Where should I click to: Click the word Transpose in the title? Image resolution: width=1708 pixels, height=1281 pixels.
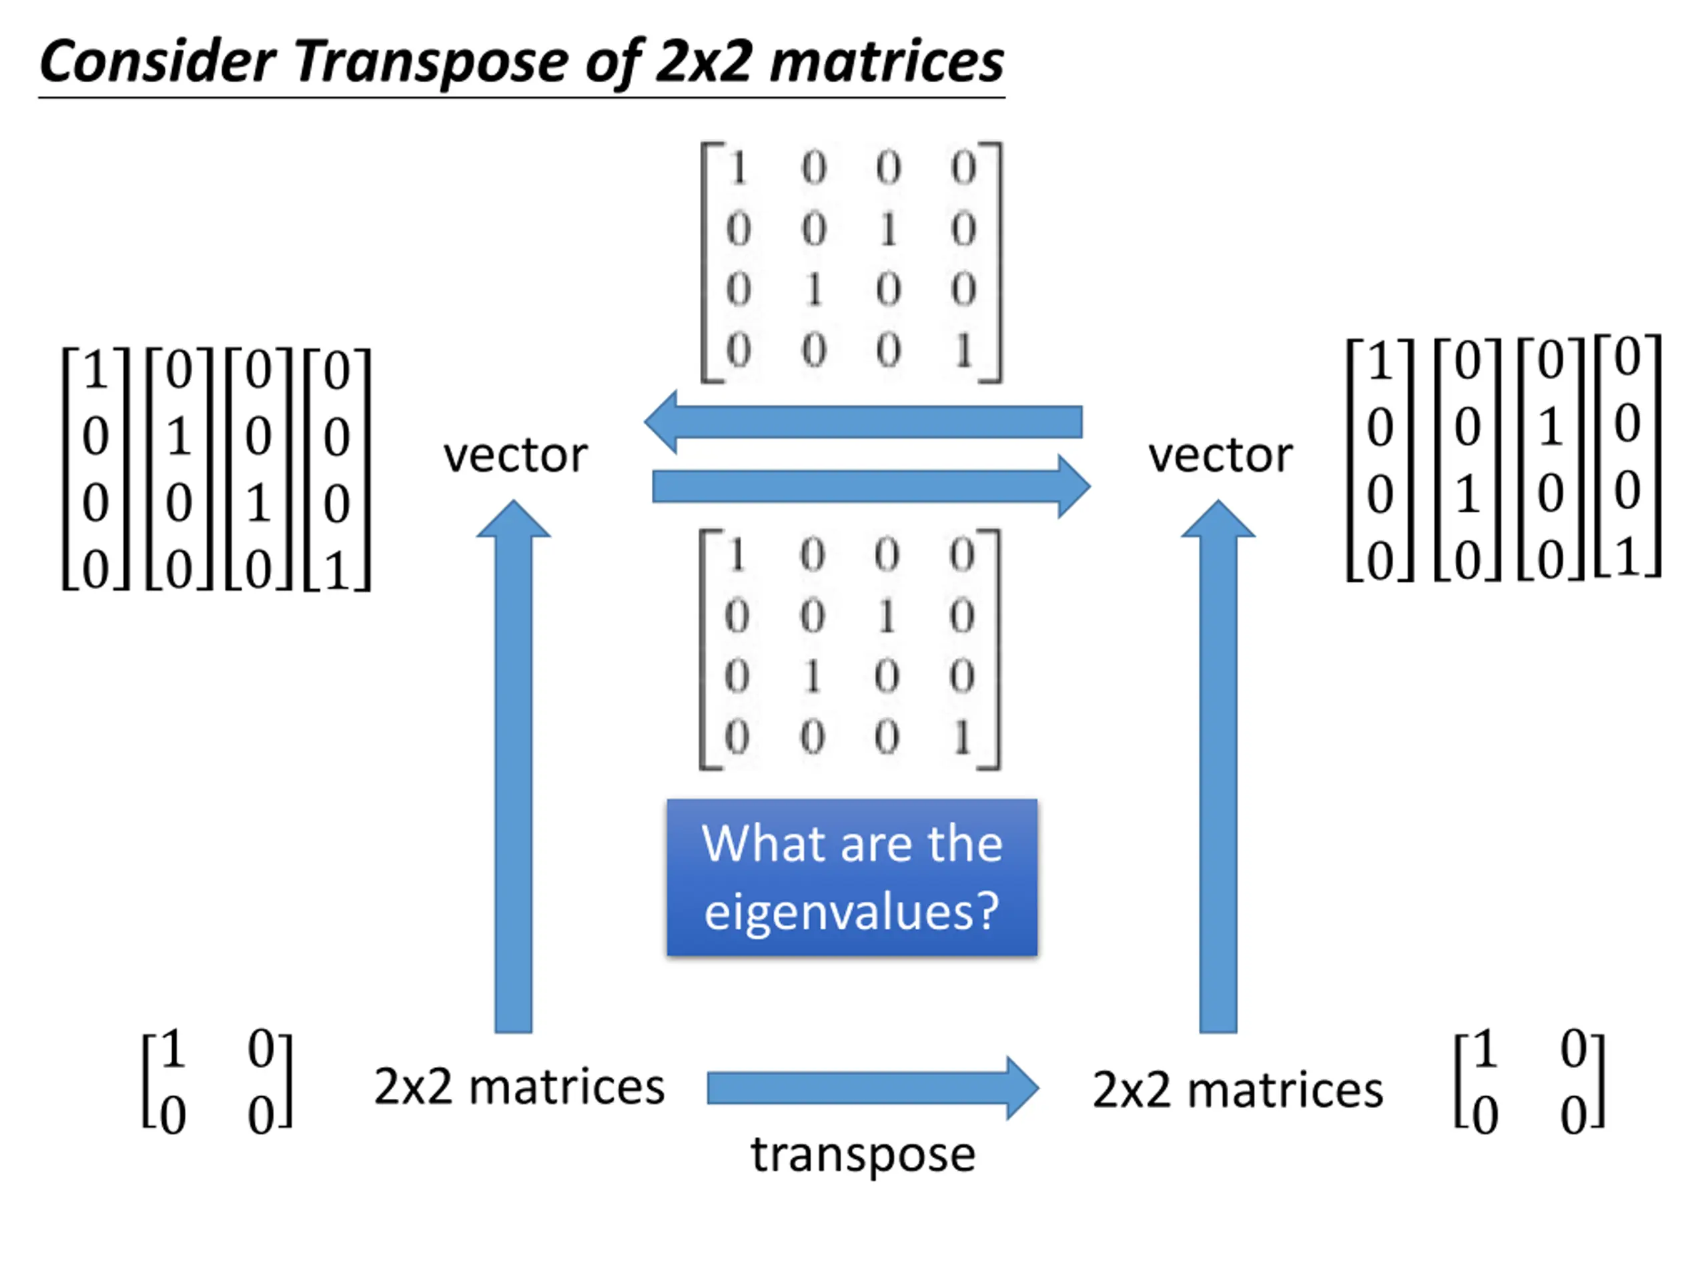tap(431, 63)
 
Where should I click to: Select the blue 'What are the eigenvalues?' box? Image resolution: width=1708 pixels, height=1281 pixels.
tap(852, 877)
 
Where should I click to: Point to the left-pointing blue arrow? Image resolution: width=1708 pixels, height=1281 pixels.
tap(863, 422)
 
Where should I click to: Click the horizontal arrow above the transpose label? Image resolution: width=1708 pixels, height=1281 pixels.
tap(873, 1088)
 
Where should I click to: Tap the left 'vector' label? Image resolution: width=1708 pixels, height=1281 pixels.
tap(515, 456)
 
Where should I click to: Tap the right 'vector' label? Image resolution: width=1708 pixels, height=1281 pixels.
tap(1220, 456)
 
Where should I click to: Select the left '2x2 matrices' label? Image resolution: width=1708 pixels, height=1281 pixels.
tap(519, 1088)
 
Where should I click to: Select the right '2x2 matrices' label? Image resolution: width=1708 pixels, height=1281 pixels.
tap(1238, 1090)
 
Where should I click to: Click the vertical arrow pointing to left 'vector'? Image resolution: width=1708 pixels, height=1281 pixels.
tap(514, 766)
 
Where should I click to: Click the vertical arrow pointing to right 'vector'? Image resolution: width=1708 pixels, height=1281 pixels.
tap(1218, 766)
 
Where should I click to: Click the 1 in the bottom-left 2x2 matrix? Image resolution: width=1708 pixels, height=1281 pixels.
tap(172, 1049)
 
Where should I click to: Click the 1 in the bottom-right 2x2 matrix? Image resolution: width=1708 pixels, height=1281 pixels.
tap(1484, 1049)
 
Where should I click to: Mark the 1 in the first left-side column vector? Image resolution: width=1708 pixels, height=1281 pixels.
tap(96, 369)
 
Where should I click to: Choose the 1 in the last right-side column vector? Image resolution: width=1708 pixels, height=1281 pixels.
tap(1627, 556)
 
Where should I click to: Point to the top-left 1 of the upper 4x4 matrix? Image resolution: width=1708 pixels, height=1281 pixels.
tap(738, 167)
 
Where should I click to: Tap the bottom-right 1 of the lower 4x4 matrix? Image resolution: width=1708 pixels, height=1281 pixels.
tap(962, 737)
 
